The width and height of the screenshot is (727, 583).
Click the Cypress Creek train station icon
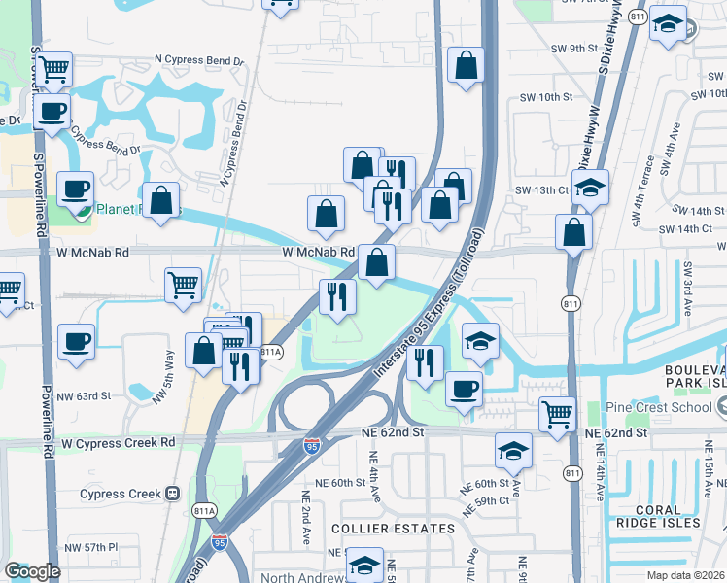[173, 494]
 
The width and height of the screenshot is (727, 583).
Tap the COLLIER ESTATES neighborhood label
[393, 529]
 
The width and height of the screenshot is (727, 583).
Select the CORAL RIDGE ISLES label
[656, 516]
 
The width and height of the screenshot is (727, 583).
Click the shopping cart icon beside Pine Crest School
[557, 413]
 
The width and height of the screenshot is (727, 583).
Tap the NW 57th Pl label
[88, 548]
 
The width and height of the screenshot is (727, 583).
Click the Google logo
[32, 571]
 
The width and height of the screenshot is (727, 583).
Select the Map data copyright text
[685, 575]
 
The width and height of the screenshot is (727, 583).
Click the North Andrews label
[301, 575]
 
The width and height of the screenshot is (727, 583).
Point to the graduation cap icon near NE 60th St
[512, 450]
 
